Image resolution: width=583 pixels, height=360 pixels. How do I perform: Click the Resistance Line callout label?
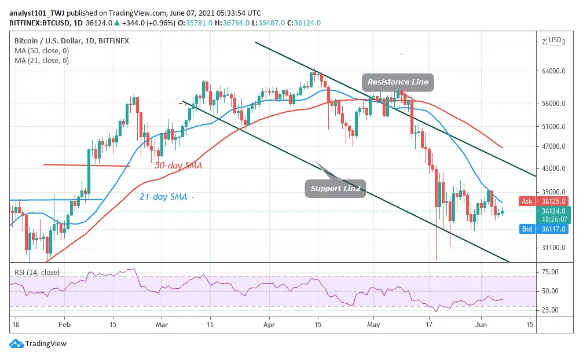(x=398, y=82)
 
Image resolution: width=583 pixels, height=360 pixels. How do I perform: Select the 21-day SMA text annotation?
(x=163, y=197)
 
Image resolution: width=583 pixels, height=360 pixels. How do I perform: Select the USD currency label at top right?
(x=555, y=40)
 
